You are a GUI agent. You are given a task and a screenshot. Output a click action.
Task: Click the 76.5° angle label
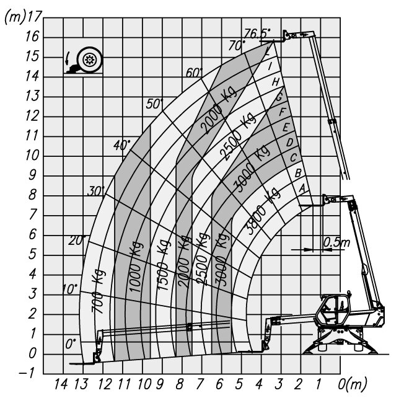coord(257,33)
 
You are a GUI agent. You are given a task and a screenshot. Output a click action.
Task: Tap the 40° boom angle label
coord(122,146)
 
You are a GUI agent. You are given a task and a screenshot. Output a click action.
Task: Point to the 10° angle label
coord(70,290)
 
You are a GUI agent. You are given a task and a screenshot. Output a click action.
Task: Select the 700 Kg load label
coord(98,291)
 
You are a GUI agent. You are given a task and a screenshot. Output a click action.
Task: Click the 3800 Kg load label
coord(262,211)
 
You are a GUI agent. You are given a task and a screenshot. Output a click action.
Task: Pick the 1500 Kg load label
coord(164,265)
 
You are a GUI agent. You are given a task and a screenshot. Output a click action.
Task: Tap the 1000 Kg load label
coord(136,267)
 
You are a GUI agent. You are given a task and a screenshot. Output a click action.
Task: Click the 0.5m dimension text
coord(336,242)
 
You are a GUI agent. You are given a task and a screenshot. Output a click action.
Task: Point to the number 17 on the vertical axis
coord(34,16)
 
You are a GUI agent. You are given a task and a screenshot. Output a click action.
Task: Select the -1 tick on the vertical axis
coord(27,373)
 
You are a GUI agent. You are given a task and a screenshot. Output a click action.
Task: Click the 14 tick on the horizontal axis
coord(61,384)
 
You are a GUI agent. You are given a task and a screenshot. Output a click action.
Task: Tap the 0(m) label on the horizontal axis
coord(352,384)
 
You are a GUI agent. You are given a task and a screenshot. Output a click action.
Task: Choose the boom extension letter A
coord(302,188)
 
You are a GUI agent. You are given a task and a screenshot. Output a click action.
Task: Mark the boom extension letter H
coord(276,82)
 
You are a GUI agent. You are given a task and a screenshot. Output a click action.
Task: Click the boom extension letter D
coord(289,142)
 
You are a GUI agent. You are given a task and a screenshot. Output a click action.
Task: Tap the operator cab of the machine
coord(334,309)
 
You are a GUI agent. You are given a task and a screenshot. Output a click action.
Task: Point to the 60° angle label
coord(195,73)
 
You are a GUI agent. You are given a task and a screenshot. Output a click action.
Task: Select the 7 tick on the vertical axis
coord(33,214)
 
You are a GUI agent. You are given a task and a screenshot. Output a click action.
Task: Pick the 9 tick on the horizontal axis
coord(160,384)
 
